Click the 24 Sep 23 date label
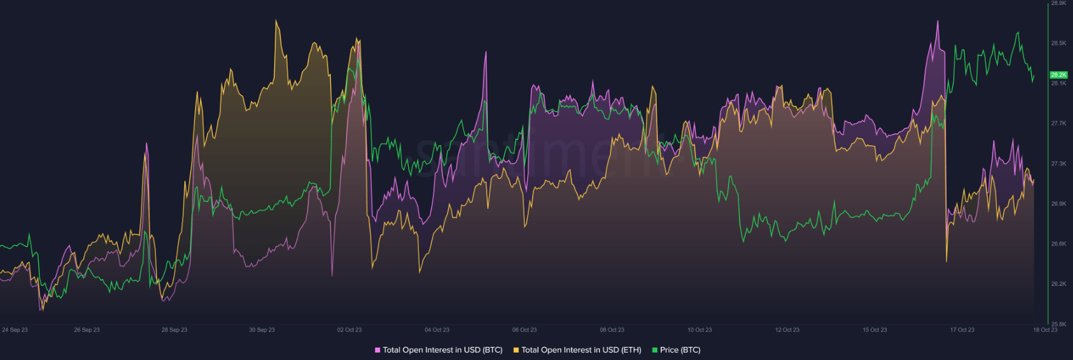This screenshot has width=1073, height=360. coord(15,330)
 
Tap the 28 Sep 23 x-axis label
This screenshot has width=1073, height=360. coord(174,330)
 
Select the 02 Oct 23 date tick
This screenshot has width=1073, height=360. coord(350,330)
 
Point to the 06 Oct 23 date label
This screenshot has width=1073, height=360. coord(525,330)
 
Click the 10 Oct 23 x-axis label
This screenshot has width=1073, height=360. coord(700,330)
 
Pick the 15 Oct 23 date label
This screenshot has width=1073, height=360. coord(875,330)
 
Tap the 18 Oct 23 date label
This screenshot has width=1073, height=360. coord(1046,330)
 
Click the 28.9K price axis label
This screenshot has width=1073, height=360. coord(1059,3)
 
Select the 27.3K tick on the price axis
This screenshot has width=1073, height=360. coord(1059,164)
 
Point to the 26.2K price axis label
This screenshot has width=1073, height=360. coord(1059,284)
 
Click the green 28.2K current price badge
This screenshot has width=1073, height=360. coord(1059,75)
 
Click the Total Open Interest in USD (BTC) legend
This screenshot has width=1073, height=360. coord(442,350)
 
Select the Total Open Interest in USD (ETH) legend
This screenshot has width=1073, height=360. coord(581,350)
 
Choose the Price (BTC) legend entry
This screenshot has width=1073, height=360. coord(680,350)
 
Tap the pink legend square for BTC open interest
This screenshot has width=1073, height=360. coord(378,350)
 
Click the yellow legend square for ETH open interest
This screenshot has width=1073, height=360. coord(516,350)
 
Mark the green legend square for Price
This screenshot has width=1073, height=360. coord(655,350)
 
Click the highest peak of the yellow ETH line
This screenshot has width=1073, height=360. coord(277,21)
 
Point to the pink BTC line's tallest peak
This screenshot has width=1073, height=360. coord(938,22)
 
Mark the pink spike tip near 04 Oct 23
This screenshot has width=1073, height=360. coord(485,52)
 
